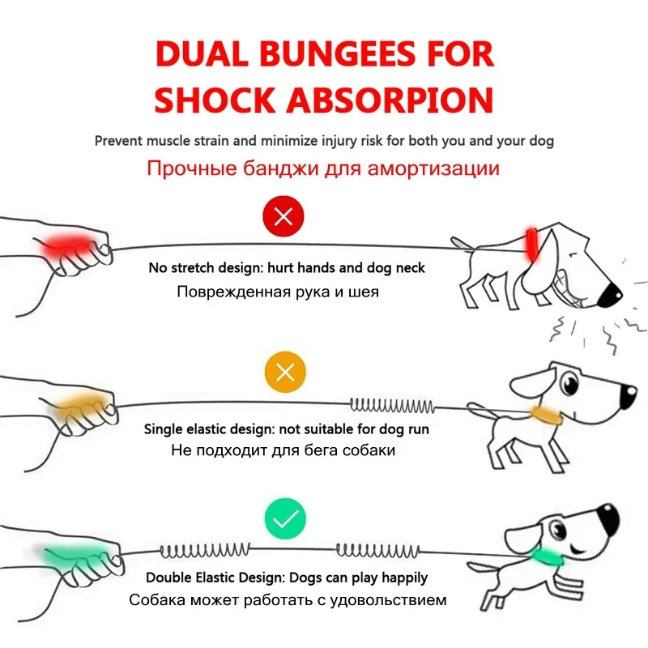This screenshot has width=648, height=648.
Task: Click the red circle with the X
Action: pyautogui.click(x=284, y=217)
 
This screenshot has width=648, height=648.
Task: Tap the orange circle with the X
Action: pyautogui.click(x=284, y=373)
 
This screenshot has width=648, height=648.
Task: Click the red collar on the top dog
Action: pyautogui.click(x=531, y=243)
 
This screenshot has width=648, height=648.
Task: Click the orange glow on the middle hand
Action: pyautogui.click(x=75, y=401)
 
